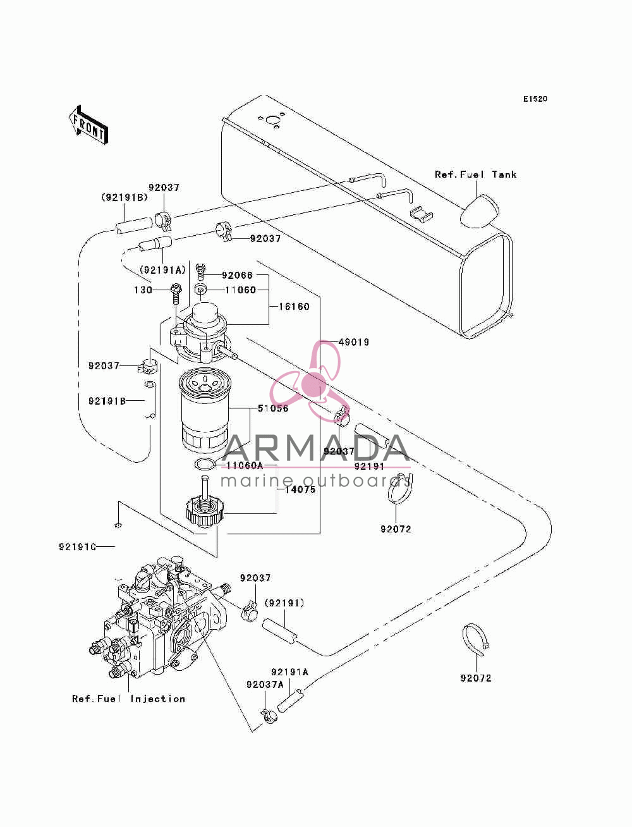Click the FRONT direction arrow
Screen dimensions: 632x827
[88, 125]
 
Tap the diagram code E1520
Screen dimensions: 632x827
[535, 99]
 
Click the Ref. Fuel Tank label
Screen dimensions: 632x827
[475, 175]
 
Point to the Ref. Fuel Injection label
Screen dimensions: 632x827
[128, 699]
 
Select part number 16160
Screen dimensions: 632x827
[294, 307]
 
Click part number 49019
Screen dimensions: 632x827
[354, 342]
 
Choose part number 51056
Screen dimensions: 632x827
[273, 408]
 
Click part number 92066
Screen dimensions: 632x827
[237, 276]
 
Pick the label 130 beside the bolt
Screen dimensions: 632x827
[143, 290]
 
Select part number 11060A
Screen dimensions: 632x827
[245, 466]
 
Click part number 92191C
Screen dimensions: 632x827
[78, 546]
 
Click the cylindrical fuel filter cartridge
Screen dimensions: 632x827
[204, 411]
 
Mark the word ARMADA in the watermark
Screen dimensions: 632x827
[315, 448]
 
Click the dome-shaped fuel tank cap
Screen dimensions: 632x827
[480, 211]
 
